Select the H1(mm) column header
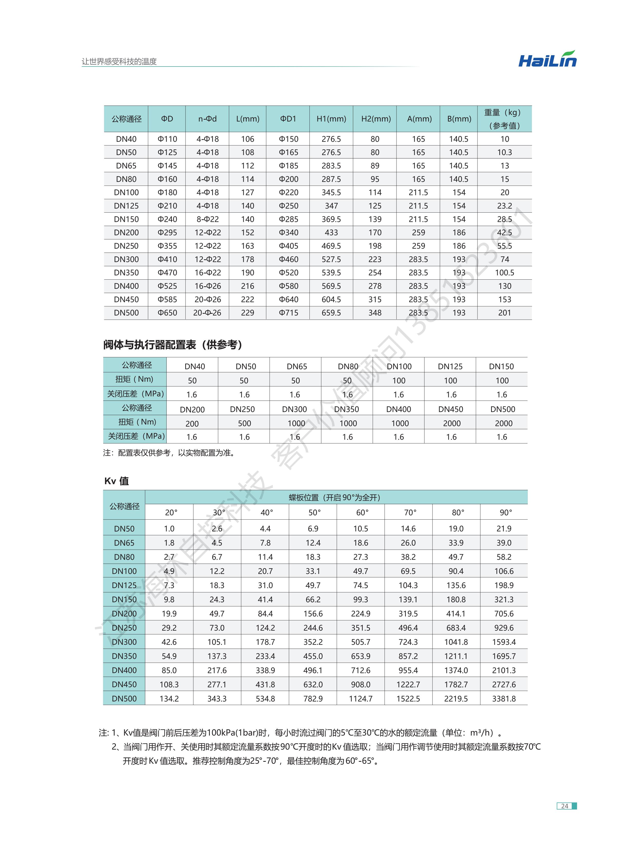331,119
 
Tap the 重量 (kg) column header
504,119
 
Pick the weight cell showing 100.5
504,272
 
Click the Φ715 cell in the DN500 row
288,313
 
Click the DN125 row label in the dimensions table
126,206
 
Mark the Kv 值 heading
117,481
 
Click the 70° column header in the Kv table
410,512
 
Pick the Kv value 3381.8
503,699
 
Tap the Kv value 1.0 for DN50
169,529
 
